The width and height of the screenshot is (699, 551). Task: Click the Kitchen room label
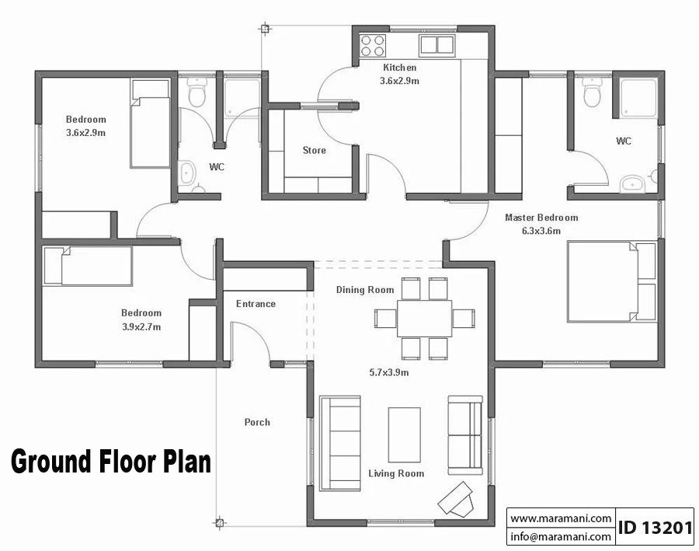[x=399, y=68]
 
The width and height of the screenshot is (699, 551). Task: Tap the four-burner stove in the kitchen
[x=373, y=46]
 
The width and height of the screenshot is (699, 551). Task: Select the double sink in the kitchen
[x=436, y=45]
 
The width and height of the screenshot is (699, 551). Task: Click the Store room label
[x=315, y=150]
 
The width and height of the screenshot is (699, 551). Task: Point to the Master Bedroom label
[x=541, y=218]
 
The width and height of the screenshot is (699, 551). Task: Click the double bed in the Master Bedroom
[x=612, y=281]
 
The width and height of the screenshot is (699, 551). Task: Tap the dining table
[x=424, y=318]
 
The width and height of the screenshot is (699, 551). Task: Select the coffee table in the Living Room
[x=405, y=434]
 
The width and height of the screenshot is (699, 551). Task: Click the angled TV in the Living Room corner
[x=456, y=498]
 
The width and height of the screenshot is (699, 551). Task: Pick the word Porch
[x=257, y=422]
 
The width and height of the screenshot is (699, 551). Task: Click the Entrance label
[x=256, y=304]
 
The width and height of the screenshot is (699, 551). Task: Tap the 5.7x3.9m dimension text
[x=389, y=372]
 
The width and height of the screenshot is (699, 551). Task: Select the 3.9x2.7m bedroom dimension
[x=141, y=326]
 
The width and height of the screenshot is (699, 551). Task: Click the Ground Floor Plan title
[x=111, y=462]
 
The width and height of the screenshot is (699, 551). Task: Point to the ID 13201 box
[x=655, y=527]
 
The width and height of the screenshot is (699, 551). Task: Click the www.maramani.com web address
[x=561, y=518]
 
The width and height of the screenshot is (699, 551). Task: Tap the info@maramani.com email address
[x=561, y=536]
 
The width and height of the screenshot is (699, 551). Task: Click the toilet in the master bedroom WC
[x=592, y=92]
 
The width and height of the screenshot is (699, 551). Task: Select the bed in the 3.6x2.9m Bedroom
[x=150, y=124]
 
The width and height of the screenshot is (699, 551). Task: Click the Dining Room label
[x=365, y=290]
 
